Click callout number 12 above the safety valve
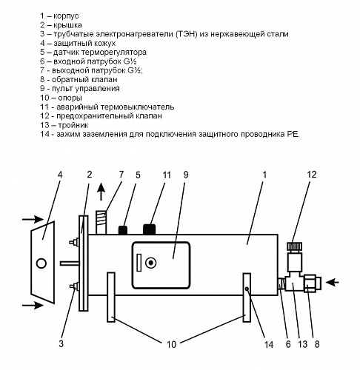[312, 175]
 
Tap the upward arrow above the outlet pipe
[101, 192]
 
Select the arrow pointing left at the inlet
[332, 282]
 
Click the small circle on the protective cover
[41, 263]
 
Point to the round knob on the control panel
[150, 263]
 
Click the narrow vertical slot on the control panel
[139, 263]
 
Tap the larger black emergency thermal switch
[149, 229]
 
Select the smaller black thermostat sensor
[123, 230]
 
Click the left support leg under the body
[111, 297]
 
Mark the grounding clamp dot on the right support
[247, 289]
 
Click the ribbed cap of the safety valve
[295, 246]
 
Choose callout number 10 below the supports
[171, 344]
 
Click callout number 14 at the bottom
[269, 344]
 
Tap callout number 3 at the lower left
[61, 343]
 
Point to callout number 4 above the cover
[60, 175]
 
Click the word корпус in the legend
[66, 16]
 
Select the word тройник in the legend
[73, 125]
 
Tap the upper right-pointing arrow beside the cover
[33, 219]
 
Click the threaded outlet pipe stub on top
[101, 222]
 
